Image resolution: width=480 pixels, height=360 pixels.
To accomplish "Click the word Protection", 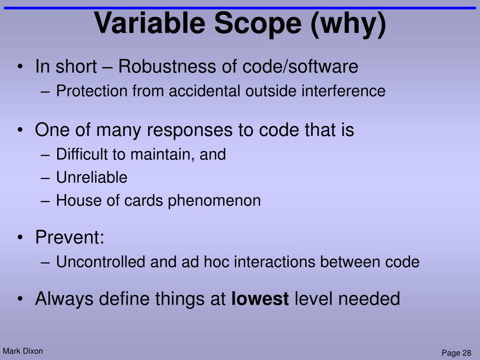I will [92, 91].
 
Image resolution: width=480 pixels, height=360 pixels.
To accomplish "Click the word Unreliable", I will [91, 178].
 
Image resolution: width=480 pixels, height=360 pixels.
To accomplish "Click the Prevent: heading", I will [69, 238].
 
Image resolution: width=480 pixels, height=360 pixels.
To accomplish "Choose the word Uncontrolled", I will [101, 262].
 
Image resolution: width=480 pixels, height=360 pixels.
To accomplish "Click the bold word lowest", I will [260, 299].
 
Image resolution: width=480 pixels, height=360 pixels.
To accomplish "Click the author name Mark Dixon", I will [22, 351].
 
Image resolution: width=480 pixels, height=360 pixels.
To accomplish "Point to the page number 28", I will [466, 353].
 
